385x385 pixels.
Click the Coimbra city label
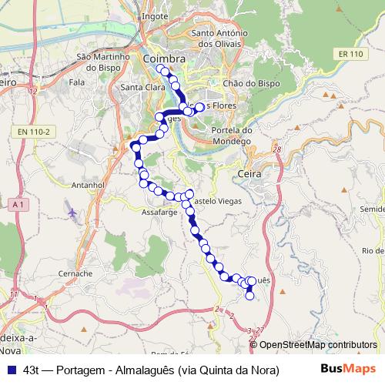pos(164,59)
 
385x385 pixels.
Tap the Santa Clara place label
pos(139,87)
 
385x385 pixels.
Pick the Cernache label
pos(75,273)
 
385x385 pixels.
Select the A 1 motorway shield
pos(19,204)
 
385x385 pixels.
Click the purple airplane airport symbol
pos(72,211)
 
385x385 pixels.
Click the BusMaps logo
pos(349,369)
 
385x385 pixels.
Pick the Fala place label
pos(76,80)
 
